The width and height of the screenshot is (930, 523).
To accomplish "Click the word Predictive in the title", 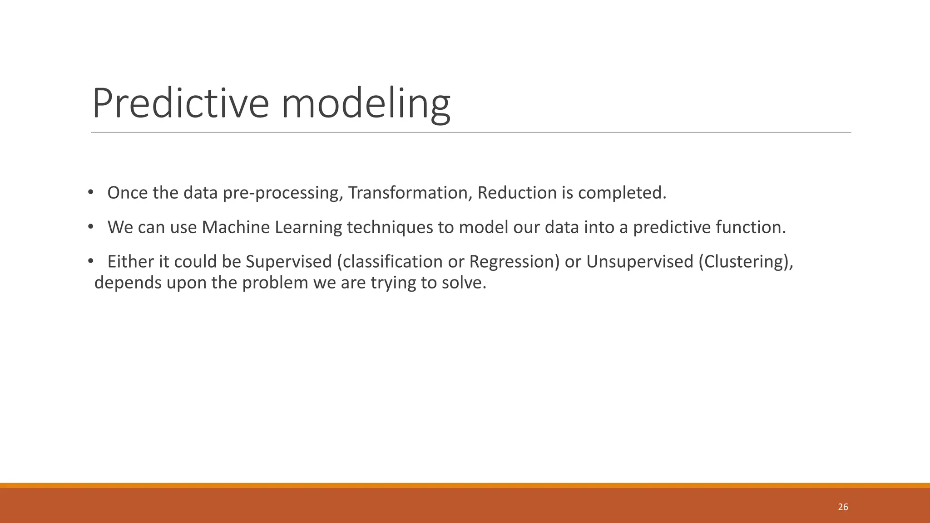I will click(180, 103).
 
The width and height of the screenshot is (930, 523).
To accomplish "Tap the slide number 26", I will click(843, 507).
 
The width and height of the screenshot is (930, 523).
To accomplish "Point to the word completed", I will click(622, 193).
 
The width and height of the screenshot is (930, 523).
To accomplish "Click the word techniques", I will click(390, 227).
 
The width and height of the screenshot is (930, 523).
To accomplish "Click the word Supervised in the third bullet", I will click(289, 262).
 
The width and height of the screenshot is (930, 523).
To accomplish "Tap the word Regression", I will click(514, 262).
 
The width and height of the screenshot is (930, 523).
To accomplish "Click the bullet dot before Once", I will click(90, 192).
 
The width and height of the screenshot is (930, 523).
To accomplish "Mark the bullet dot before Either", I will click(90, 261).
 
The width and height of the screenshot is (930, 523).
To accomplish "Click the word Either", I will click(125, 262).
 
